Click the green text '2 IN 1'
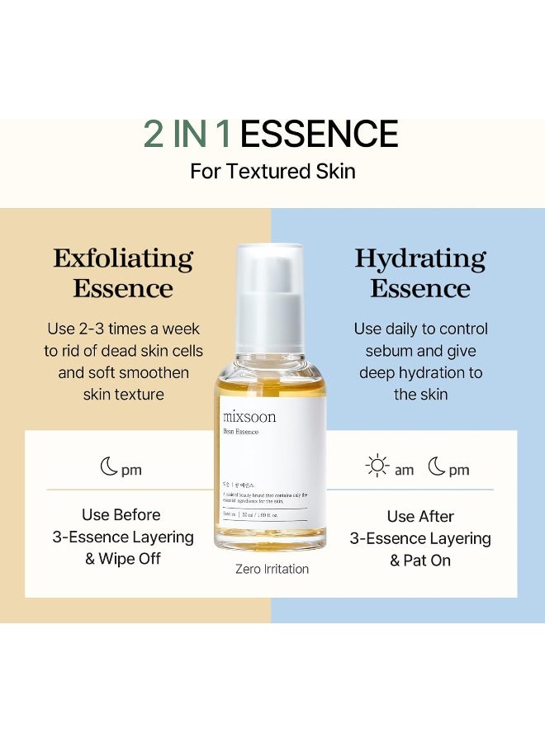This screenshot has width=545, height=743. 187,135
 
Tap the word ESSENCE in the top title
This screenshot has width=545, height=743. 319,135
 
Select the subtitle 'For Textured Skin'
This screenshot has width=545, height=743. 272,172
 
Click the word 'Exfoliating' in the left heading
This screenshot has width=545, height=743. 123,258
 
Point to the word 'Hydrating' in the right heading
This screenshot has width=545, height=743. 420,258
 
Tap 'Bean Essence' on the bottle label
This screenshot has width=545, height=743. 240,432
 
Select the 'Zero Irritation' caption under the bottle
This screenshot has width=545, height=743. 272,569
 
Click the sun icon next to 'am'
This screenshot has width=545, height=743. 377,467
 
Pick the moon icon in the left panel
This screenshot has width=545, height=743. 109,468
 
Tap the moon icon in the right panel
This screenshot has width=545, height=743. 437,467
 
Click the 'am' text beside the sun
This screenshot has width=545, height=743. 404,470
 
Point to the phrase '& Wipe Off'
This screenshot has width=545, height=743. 123,559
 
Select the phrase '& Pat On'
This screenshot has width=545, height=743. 420,561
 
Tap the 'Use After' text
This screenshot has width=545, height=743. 420,517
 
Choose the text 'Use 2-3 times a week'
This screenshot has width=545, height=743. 123,329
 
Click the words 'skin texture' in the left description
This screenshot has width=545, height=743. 123,395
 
